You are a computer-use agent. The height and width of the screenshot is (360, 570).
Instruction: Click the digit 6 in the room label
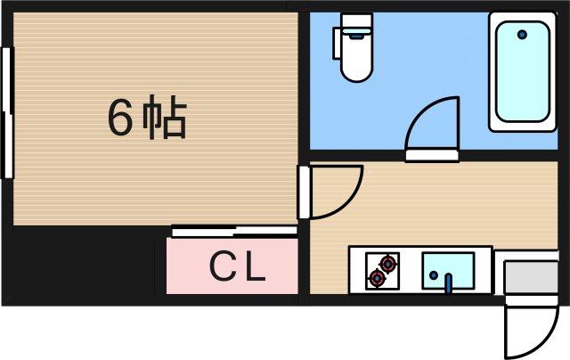pyautogui.click(x=120, y=119)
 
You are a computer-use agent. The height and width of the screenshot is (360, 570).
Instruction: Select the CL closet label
pyautogui.click(x=238, y=266)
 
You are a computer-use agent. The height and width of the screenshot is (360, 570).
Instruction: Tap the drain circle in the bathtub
pyautogui.click(x=522, y=36)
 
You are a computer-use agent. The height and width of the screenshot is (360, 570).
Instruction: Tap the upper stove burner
pyautogui.click(x=387, y=263)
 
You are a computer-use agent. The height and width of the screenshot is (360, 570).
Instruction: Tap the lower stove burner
pyautogui.click(x=377, y=278)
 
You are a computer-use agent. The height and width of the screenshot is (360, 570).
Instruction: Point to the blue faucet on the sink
pyautogui.click(x=449, y=283)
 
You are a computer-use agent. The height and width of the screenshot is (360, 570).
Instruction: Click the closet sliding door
pyautogui.click(x=233, y=231)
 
